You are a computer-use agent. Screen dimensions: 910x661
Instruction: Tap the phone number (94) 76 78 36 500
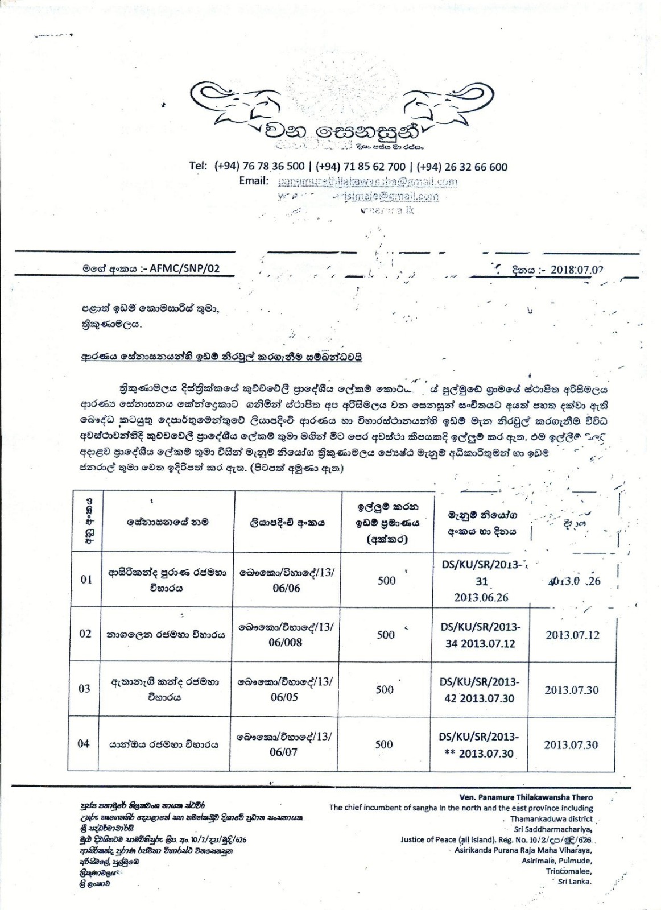[x=260, y=167]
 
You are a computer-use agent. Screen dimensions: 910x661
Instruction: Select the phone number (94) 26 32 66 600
[x=462, y=167]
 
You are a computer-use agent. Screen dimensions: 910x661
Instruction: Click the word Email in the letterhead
[x=253, y=181]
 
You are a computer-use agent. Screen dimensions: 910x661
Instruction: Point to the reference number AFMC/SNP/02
[x=184, y=270]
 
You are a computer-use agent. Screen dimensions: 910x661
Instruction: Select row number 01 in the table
[x=86, y=580]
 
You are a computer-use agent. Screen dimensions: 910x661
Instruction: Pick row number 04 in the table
[x=84, y=743]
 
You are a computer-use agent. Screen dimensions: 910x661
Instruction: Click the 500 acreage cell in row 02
[x=386, y=635]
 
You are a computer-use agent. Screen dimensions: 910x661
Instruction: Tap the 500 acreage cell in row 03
[x=385, y=689]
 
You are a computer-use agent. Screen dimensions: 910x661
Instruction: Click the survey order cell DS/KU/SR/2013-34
[x=480, y=635]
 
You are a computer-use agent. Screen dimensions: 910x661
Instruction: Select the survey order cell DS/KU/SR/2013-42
[x=480, y=690]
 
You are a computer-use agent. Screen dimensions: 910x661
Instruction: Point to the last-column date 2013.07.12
[x=572, y=635]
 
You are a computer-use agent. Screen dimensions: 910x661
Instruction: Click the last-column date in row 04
[x=571, y=744]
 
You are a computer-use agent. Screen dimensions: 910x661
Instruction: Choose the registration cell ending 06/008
[x=286, y=635]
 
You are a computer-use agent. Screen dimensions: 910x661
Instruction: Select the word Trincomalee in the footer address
[x=568, y=871]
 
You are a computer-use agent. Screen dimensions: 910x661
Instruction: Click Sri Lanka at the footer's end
[x=575, y=881]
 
